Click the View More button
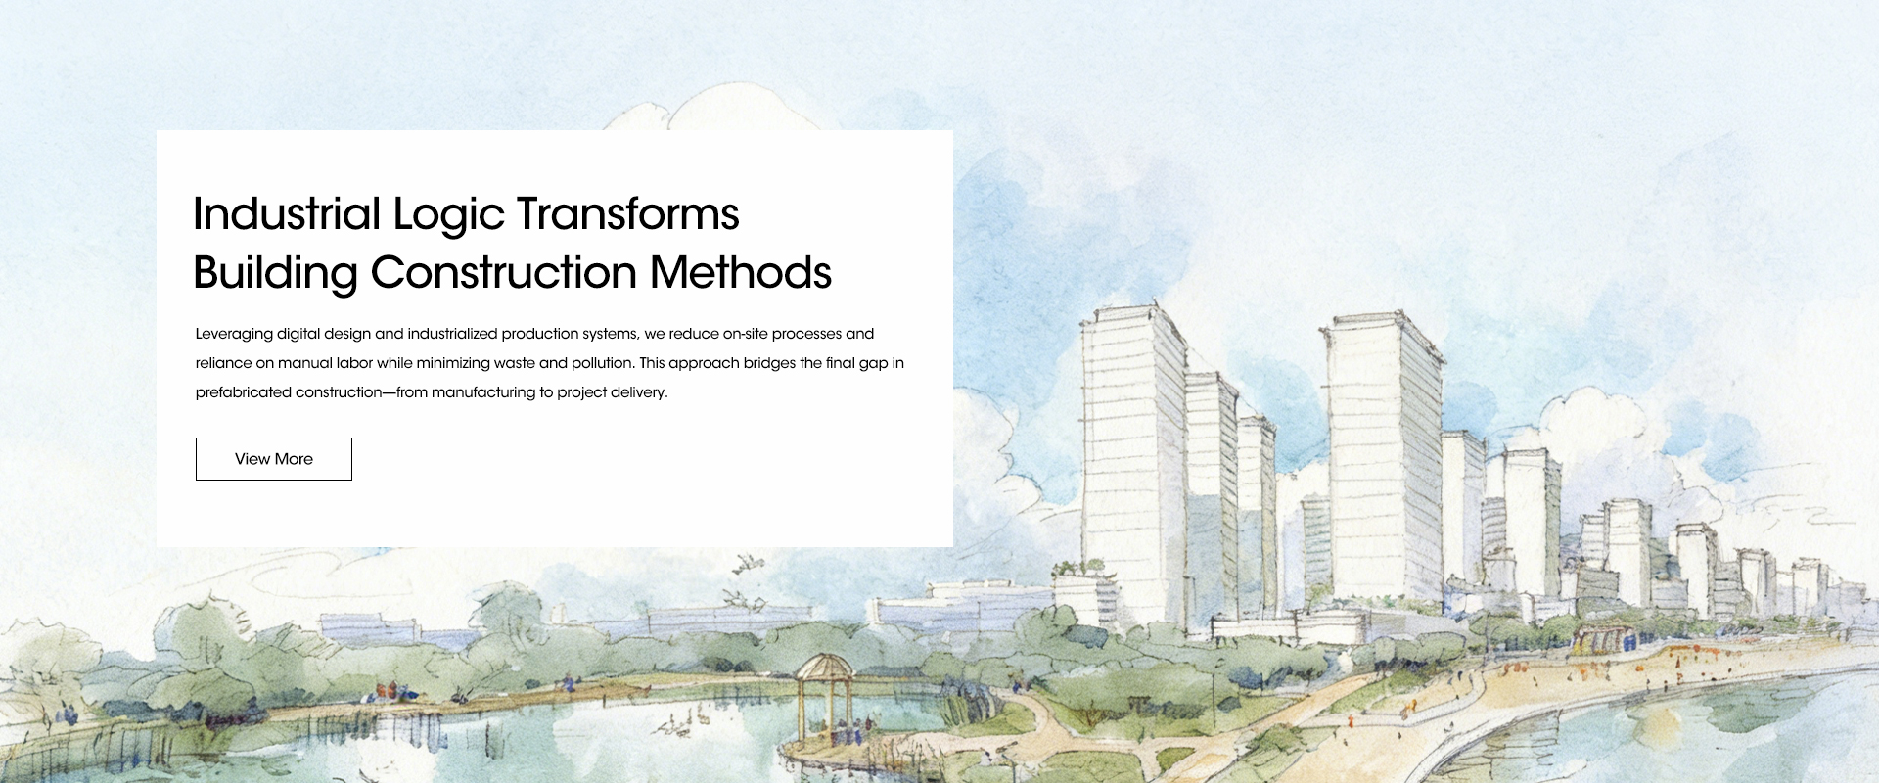[274, 459]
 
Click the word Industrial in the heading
[287, 213]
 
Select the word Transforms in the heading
[627, 213]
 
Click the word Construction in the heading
[503, 272]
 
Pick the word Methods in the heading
[740, 272]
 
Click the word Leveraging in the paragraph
[234, 335]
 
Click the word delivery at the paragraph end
[639, 392]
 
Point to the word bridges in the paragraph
[769, 363]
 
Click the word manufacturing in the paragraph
[482, 392]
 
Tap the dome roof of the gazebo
[824, 666]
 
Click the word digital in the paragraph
[298, 334]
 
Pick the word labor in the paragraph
[354, 363]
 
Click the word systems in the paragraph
[611, 335]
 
